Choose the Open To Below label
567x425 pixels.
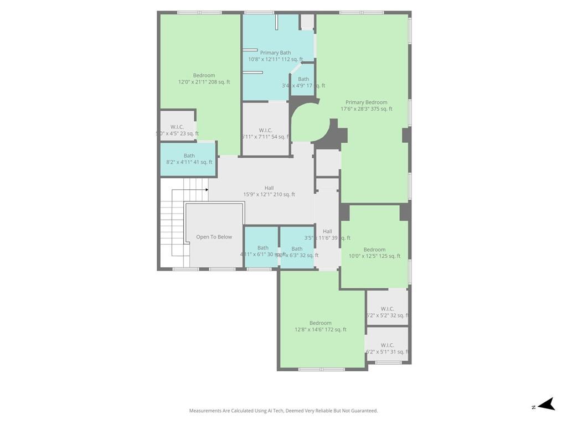pos(214,237)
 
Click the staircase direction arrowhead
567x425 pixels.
pos(207,190)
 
